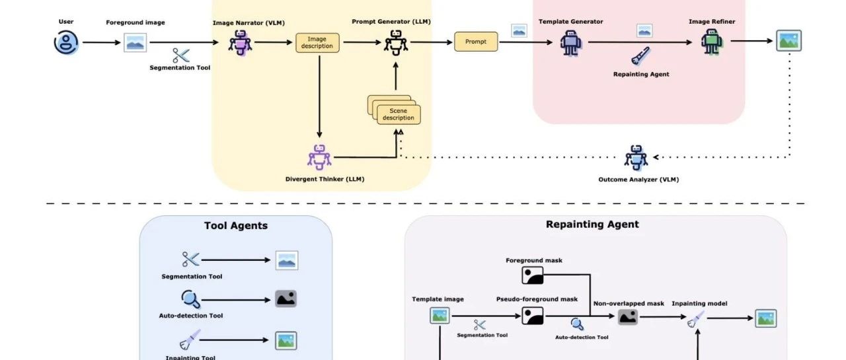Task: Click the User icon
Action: point(66,43)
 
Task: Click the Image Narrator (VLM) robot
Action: point(240,43)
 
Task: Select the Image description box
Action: point(317,43)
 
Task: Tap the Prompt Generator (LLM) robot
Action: point(397,43)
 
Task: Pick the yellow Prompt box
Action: point(476,42)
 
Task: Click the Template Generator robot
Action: point(570,43)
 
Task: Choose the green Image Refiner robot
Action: point(712,42)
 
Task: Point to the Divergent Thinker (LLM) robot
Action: point(320,157)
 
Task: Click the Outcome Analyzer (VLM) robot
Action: point(636,157)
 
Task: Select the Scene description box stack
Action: point(396,110)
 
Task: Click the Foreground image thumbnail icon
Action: point(135,43)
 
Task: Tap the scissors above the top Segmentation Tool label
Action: point(180,55)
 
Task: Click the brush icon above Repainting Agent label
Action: point(640,57)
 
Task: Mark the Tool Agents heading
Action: point(236,226)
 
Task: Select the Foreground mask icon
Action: point(533,275)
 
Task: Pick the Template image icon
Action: point(440,316)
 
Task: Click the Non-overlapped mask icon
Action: point(628,317)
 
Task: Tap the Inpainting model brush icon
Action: point(696,319)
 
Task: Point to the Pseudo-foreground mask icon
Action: point(533,316)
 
